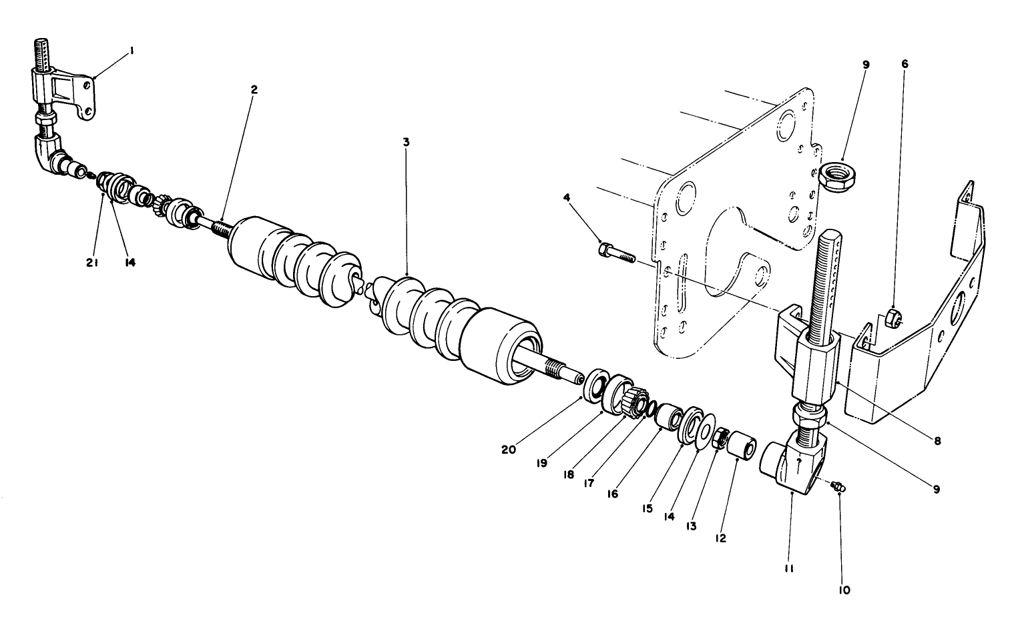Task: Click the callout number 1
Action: [x=132, y=49]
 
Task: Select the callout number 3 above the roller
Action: [x=406, y=143]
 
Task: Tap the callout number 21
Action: [x=92, y=263]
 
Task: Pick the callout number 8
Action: [x=937, y=441]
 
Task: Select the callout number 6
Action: [x=905, y=64]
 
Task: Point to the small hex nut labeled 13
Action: [x=721, y=439]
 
